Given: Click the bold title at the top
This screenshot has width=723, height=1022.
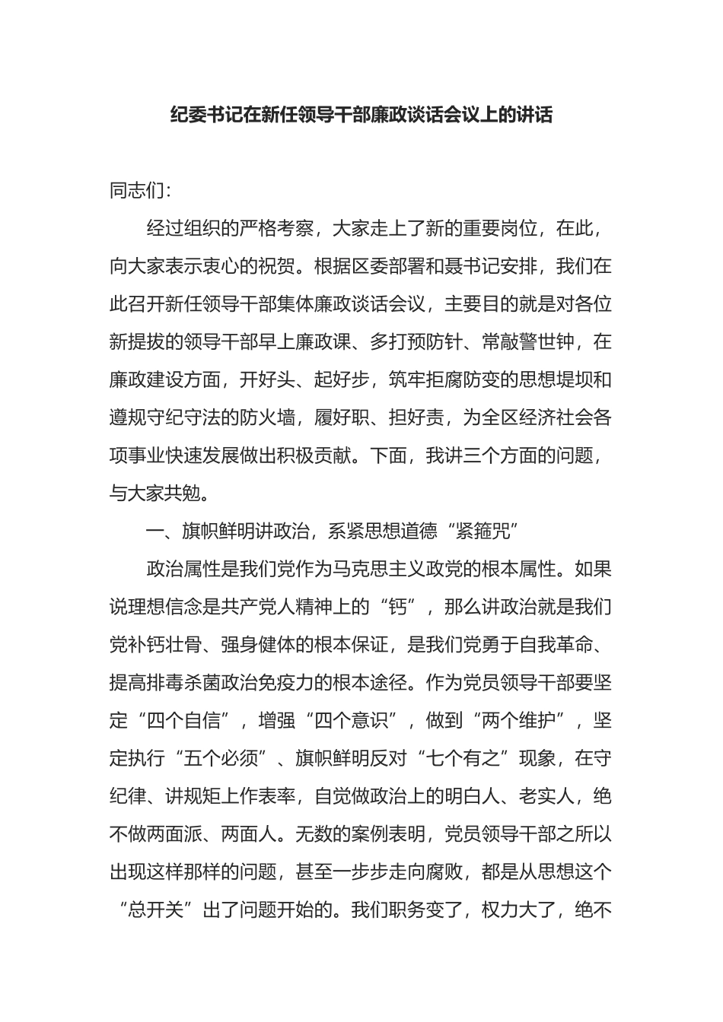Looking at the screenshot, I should click(x=361, y=115).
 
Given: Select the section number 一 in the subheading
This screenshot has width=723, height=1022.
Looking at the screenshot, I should click(x=155, y=532).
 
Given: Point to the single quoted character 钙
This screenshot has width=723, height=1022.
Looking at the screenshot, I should click(x=400, y=608).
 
